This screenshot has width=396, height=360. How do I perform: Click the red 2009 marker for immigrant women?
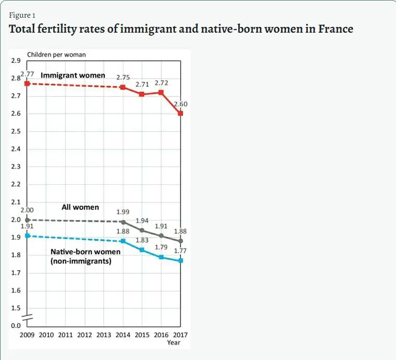pyautogui.click(x=27, y=84)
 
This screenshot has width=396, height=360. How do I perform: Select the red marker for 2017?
pyautogui.click(x=180, y=113)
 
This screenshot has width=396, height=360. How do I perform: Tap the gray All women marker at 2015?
pyautogui.click(x=142, y=230)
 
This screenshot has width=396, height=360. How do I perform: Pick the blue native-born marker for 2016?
pyautogui.click(x=161, y=257)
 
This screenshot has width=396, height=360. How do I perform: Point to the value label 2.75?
pyautogui.click(x=123, y=77)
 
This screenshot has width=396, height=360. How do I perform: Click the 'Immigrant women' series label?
pyautogui.click(x=73, y=75)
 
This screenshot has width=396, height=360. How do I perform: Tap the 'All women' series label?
pyautogui.click(x=80, y=207)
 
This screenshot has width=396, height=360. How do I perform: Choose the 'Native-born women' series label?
pyautogui.click(x=85, y=252)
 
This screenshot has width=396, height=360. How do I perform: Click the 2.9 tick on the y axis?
pyautogui.click(x=15, y=61)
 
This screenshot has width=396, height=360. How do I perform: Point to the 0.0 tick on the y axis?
pyautogui.click(x=15, y=325)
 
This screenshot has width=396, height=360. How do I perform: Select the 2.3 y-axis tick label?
pyautogui.click(x=15, y=167)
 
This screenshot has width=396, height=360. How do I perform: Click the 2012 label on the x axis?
pyautogui.click(x=85, y=335)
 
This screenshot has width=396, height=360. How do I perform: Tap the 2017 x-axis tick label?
pyautogui.click(x=180, y=335)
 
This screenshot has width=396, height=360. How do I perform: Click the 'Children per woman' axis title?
pyautogui.click(x=56, y=54)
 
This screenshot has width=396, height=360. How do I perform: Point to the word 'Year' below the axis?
pyautogui.click(x=173, y=342)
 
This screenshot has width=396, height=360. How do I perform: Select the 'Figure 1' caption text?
pyautogui.click(x=22, y=15)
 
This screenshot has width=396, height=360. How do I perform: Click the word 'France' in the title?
pyautogui.click(x=335, y=29)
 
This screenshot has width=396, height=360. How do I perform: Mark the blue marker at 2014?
pyautogui.click(x=123, y=241)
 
